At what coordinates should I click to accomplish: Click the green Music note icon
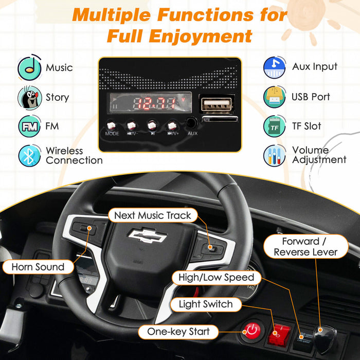point(29,67)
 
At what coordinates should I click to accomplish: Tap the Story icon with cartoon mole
point(29,97)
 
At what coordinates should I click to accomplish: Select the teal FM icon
point(29,126)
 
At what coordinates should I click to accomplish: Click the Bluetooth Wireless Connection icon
point(29,155)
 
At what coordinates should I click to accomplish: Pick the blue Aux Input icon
point(275,67)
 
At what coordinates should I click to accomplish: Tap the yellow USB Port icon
point(275,97)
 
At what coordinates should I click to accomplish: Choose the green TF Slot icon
point(275,126)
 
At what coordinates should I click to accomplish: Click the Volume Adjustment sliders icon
point(275,155)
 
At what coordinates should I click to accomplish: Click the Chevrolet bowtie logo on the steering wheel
point(147,236)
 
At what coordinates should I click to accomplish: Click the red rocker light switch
point(281,332)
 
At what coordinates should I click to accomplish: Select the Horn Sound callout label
point(39,267)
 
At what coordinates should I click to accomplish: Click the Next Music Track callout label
point(152,215)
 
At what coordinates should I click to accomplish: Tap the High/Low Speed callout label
point(216,278)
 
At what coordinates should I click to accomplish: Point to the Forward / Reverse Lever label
point(305,247)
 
